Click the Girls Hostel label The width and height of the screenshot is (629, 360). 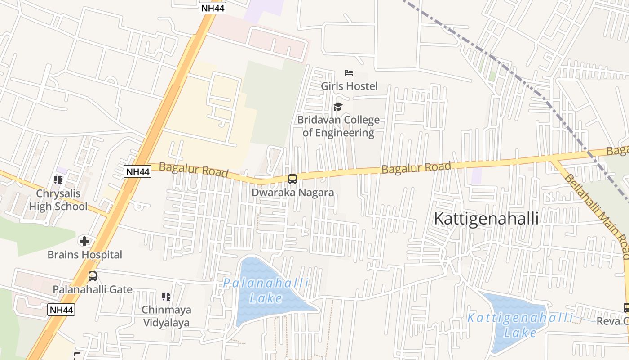[x=349, y=86]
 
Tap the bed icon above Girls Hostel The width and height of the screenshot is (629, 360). [x=349, y=72]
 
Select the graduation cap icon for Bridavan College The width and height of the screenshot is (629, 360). [x=338, y=107]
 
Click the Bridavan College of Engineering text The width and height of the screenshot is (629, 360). [x=338, y=126]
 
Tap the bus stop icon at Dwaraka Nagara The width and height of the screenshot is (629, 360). [x=292, y=179]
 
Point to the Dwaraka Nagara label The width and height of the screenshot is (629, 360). [x=292, y=193]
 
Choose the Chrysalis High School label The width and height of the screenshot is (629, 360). [x=58, y=200]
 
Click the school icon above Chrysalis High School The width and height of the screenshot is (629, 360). [x=58, y=180]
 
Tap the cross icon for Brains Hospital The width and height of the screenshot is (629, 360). [x=84, y=241]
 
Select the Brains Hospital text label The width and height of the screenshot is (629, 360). [x=85, y=255]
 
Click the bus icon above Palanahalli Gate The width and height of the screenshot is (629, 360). [x=93, y=276]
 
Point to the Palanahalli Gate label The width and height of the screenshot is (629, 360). [x=93, y=289]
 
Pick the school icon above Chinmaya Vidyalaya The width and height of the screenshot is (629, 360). [x=166, y=297]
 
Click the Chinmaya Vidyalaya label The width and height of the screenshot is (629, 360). [x=166, y=316]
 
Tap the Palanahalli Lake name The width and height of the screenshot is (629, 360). [x=266, y=291]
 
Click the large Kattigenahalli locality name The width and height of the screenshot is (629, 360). [x=486, y=219]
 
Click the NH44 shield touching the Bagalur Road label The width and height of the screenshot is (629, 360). [x=137, y=171]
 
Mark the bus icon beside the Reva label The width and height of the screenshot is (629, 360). [x=626, y=308]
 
